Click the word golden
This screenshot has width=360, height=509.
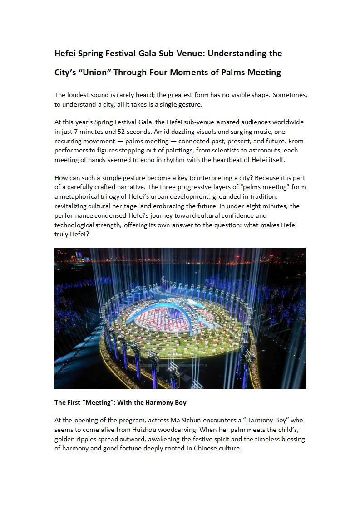[65, 440]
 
